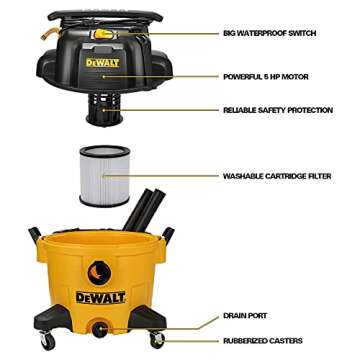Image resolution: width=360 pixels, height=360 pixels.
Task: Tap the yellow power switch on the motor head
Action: (x=102, y=33)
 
